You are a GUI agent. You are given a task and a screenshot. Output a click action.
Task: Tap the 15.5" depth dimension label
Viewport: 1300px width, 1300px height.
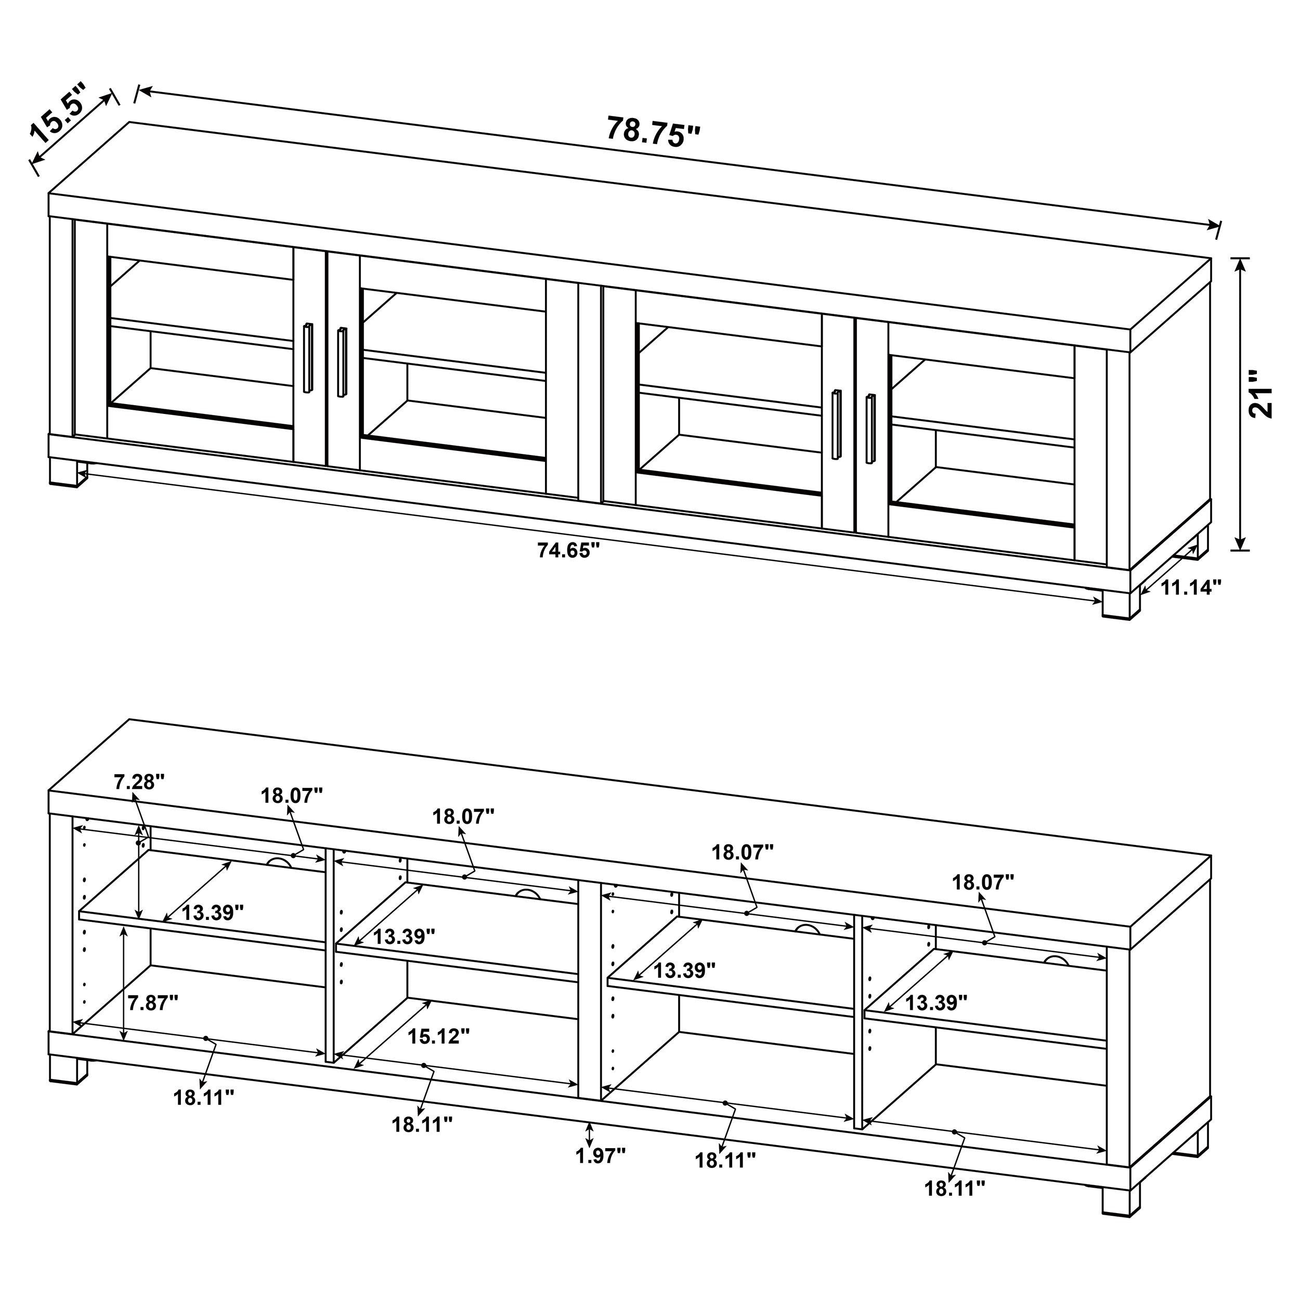(x=59, y=123)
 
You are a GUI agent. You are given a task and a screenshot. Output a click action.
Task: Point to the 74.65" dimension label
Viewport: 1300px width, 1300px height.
(x=568, y=550)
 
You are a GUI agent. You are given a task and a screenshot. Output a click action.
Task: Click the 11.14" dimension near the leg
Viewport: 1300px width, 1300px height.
(x=1190, y=588)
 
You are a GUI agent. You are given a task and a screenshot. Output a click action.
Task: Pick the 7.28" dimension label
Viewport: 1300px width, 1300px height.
(x=139, y=782)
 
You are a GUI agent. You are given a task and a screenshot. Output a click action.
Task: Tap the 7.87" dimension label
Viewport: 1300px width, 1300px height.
(x=153, y=1003)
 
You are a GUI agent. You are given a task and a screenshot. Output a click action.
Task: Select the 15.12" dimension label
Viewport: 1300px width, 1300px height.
(x=438, y=1036)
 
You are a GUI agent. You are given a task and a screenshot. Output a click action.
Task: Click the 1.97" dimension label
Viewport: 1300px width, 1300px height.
(x=600, y=1156)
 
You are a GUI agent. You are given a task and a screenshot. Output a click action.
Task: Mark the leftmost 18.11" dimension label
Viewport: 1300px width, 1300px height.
(x=203, y=1098)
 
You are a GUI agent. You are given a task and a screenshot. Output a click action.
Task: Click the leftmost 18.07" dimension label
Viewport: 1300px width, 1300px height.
(x=292, y=796)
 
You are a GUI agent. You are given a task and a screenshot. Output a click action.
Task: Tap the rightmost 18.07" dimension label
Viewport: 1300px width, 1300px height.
(x=982, y=882)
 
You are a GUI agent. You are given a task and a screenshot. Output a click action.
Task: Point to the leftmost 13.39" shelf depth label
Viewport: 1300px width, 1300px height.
(x=212, y=913)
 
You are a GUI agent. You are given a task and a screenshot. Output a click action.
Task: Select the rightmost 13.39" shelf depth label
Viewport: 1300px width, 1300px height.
(x=935, y=1003)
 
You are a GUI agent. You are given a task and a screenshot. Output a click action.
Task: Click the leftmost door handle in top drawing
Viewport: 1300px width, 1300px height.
(x=308, y=358)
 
